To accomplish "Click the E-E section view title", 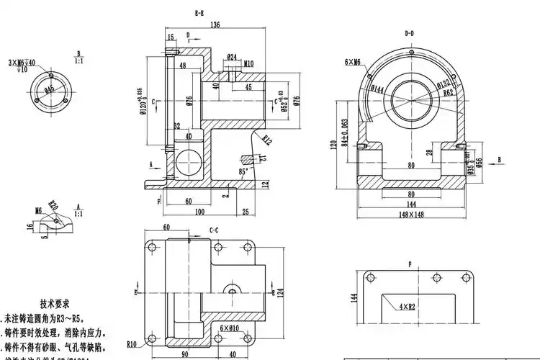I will pos(199,14).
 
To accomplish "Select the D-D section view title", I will pos(410,33).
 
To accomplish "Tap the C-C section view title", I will pos(214,230).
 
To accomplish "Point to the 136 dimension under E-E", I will pos(215,25).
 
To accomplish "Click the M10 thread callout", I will pos(248,63).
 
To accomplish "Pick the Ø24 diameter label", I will pos(232,56).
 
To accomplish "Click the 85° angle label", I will pos(243,171).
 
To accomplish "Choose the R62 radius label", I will pos(449,93).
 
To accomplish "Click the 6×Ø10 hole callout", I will pos(229,328).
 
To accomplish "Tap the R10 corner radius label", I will pos(132,343).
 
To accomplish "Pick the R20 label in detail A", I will pos(52,205).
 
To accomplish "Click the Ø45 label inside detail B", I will pos(50,89).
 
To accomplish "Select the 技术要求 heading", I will pos(55,304).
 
